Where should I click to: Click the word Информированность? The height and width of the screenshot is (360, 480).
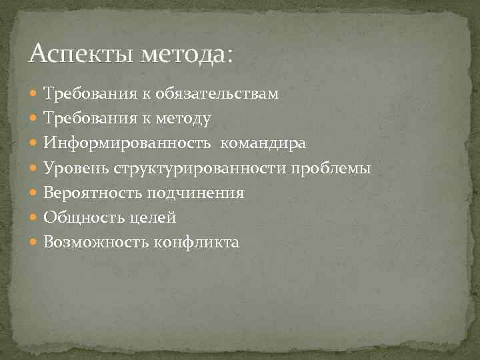click(x=127, y=143)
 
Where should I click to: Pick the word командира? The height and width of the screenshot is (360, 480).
click(x=263, y=143)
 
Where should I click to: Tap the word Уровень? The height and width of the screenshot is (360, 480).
click(x=75, y=168)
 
